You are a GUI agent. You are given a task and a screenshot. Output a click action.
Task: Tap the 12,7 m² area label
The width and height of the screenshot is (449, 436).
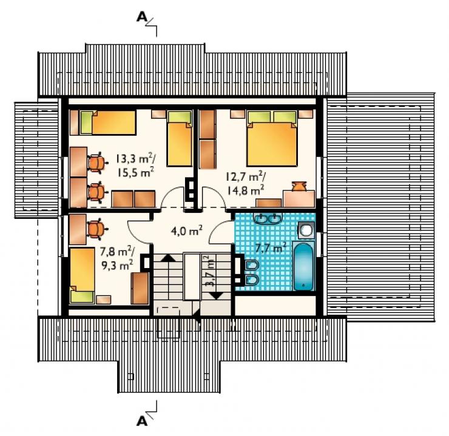pos(245,177)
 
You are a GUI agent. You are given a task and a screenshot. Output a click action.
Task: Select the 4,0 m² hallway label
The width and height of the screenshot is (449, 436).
pos(187,230)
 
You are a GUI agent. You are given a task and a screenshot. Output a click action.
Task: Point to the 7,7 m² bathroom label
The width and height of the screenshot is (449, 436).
pos(271,248)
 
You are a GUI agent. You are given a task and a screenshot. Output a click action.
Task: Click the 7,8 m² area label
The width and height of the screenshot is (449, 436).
pos(117,252)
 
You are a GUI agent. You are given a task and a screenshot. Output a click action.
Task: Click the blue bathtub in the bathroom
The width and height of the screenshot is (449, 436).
pos(303,266)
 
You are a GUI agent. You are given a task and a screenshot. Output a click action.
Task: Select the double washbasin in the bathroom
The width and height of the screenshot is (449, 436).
pos(268,218)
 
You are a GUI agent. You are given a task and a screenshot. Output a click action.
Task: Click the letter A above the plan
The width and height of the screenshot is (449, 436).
pos(142,18)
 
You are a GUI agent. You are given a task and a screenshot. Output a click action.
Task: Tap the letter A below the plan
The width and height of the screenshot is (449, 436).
pos(142,421)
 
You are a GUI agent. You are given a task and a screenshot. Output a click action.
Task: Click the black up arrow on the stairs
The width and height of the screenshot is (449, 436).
pos(169,258)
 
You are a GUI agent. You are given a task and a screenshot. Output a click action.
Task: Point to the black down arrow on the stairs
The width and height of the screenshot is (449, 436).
pos(217,296)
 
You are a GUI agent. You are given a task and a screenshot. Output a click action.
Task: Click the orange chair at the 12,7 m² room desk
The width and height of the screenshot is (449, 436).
pos(299,186)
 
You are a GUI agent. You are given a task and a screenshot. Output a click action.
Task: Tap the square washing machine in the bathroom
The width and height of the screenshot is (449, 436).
pos(306,230)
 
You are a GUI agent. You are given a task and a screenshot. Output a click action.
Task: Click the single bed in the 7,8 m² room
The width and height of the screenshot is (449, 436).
pos(82,275)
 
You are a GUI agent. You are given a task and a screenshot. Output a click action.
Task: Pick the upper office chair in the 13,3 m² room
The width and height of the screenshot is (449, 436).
pos(97,163)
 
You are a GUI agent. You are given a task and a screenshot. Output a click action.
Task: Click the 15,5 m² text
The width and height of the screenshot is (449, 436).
pos(135,172)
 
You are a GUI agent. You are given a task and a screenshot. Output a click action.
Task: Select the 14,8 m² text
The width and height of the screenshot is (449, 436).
pos(246,190)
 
